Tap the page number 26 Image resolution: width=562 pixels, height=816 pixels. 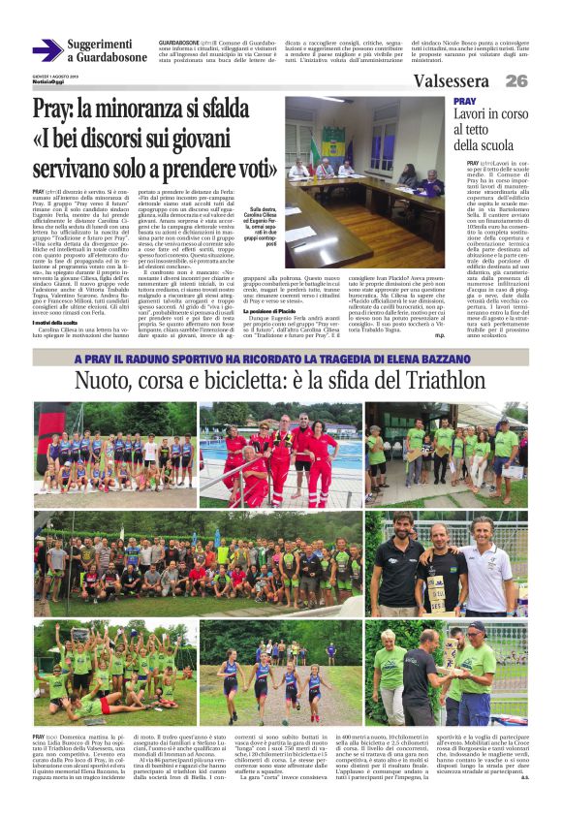click(x=515, y=81)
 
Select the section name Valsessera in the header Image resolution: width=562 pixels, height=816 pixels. click(x=451, y=81)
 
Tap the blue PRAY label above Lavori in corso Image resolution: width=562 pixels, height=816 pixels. click(x=465, y=101)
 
